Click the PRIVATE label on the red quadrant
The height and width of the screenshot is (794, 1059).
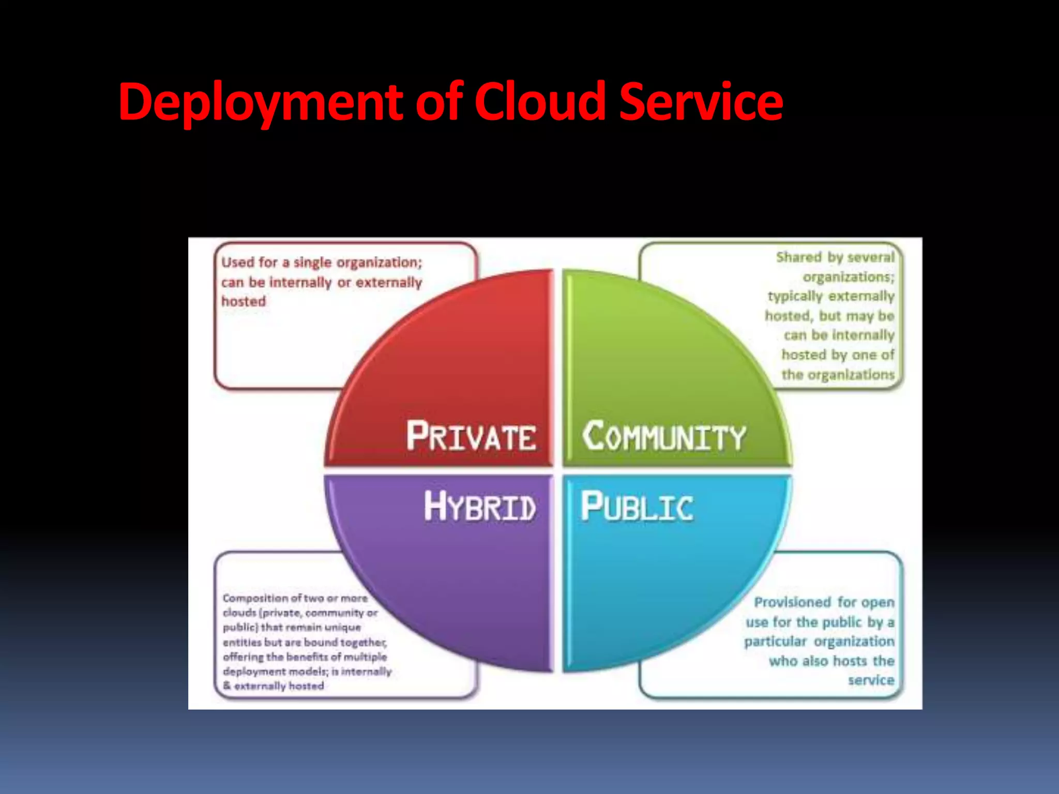(471, 437)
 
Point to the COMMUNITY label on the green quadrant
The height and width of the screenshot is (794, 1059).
(664, 437)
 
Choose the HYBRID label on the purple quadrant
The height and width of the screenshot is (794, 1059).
(480, 507)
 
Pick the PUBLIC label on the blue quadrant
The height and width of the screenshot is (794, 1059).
(637, 507)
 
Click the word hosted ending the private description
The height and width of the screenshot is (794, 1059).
(244, 301)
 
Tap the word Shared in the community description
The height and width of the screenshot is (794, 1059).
(798, 257)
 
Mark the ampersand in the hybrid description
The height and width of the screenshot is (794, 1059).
(227, 686)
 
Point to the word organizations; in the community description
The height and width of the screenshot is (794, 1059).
(848, 277)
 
